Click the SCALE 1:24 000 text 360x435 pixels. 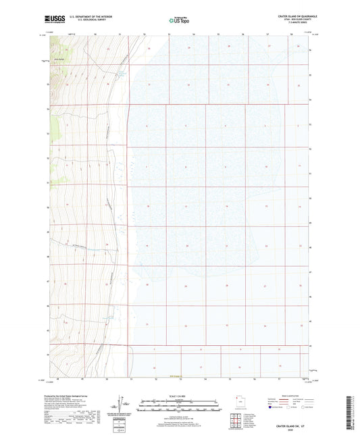[180, 396]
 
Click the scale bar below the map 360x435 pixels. [180, 404]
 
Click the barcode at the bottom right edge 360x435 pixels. [353, 413]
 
